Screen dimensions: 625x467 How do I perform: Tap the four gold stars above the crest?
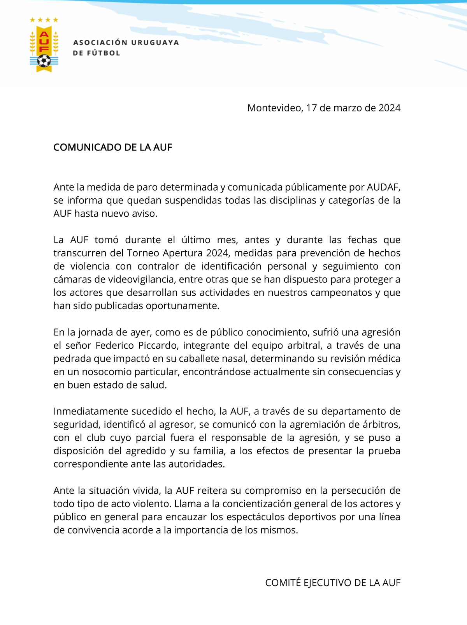pyautogui.click(x=44, y=19)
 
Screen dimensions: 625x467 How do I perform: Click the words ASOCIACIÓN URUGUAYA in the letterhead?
pyautogui.click(x=126, y=42)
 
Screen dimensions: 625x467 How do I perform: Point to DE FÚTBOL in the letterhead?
pyautogui.click(x=97, y=53)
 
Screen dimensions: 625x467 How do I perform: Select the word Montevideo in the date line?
pyautogui.click(x=274, y=108)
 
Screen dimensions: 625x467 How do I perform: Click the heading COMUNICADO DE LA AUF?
pyautogui.click(x=112, y=147)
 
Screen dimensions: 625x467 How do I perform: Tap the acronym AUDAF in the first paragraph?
pyautogui.click(x=383, y=187)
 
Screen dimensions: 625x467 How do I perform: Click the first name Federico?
pyautogui.click(x=114, y=345)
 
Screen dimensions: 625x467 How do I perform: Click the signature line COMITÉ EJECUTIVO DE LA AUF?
pyautogui.click(x=332, y=583)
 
